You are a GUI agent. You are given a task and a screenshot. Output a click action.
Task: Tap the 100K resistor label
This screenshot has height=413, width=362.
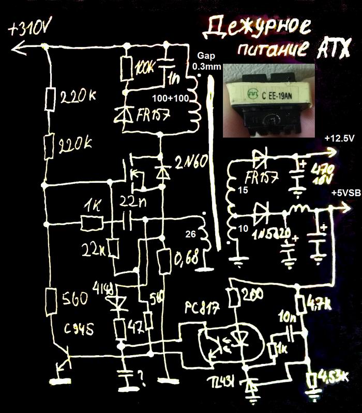(x=144, y=68)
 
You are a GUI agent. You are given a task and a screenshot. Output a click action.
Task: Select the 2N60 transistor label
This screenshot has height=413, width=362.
(x=191, y=161)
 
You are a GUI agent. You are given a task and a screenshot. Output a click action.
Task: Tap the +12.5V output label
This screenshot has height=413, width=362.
(x=338, y=139)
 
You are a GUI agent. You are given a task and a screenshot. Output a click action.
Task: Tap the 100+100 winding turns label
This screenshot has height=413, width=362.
(x=173, y=98)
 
